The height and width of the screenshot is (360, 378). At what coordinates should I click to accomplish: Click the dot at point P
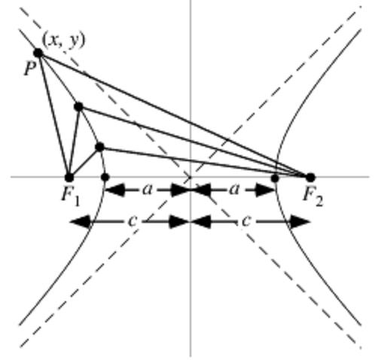click(38, 53)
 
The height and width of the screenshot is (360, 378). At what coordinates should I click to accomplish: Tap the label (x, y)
click(64, 40)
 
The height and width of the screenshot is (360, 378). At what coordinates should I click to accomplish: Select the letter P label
click(30, 69)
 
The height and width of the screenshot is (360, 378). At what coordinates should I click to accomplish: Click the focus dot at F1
click(69, 178)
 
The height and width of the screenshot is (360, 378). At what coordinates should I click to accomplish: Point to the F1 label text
click(71, 196)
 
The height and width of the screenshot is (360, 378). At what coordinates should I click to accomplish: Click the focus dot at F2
click(310, 178)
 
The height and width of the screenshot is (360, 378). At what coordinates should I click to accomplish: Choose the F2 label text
click(313, 196)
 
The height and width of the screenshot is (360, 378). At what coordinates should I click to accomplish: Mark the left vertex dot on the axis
click(105, 177)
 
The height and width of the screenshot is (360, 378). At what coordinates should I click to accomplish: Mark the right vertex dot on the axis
click(275, 178)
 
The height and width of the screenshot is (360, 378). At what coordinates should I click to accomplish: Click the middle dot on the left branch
click(79, 107)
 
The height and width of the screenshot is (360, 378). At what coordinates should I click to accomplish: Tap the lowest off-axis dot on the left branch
click(100, 147)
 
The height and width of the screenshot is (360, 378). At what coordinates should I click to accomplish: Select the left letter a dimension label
click(148, 190)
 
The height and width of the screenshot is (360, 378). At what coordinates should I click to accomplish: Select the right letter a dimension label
click(234, 190)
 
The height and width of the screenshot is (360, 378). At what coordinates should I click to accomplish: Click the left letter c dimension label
click(133, 221)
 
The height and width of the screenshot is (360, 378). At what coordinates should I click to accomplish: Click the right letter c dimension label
click(246, 221)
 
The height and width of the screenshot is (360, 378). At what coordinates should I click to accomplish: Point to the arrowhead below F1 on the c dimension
click(80, 221)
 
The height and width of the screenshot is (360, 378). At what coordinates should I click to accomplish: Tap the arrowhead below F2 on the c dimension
click(300, 221)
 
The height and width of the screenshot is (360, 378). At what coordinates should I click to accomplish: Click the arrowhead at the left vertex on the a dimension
click(114, 190)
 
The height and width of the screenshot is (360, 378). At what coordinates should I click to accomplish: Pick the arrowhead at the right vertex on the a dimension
click(265, 190)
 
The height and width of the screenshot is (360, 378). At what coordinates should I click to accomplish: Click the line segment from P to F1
click(53, 115)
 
